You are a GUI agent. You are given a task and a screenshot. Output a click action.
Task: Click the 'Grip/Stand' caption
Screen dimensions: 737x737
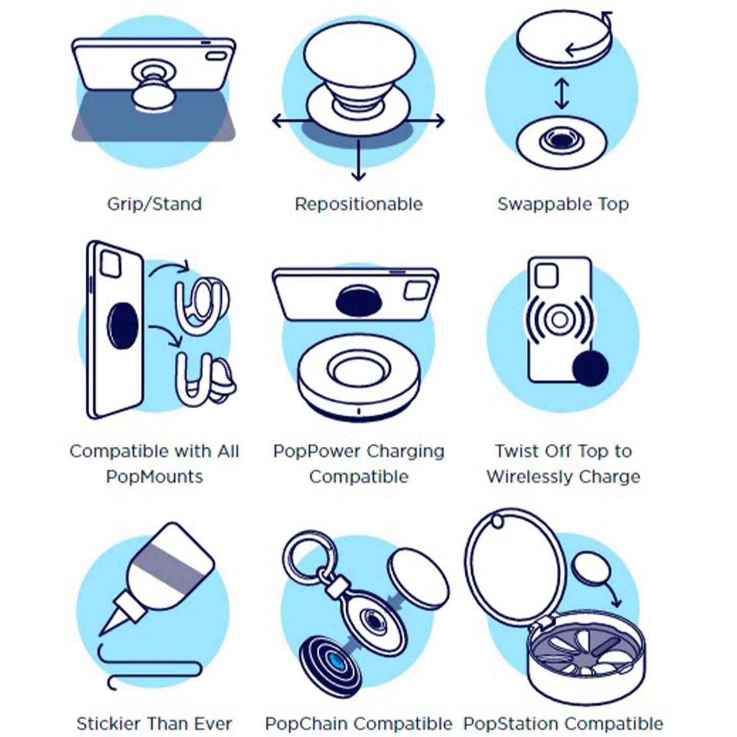pyautogui.click(x=154, y=204)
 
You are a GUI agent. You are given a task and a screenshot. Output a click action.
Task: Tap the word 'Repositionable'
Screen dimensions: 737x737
pyautogui.click(x=359, y=204)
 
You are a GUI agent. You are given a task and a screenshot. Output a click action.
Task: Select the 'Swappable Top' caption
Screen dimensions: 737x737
pyautogui.click(x=563, y=204)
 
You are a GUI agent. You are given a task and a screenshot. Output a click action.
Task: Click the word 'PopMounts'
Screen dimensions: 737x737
pyautogui.click(x=154, y=476)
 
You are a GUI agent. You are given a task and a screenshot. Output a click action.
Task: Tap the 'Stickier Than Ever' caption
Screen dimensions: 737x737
pyautogui.click(x=154, y=723)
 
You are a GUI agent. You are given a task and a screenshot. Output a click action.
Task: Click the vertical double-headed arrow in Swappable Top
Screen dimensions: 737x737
pyautogui.click(x=562, y=93)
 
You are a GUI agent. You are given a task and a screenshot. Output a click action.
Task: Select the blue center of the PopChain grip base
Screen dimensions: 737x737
pyautogui.click(x=335, y=664)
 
